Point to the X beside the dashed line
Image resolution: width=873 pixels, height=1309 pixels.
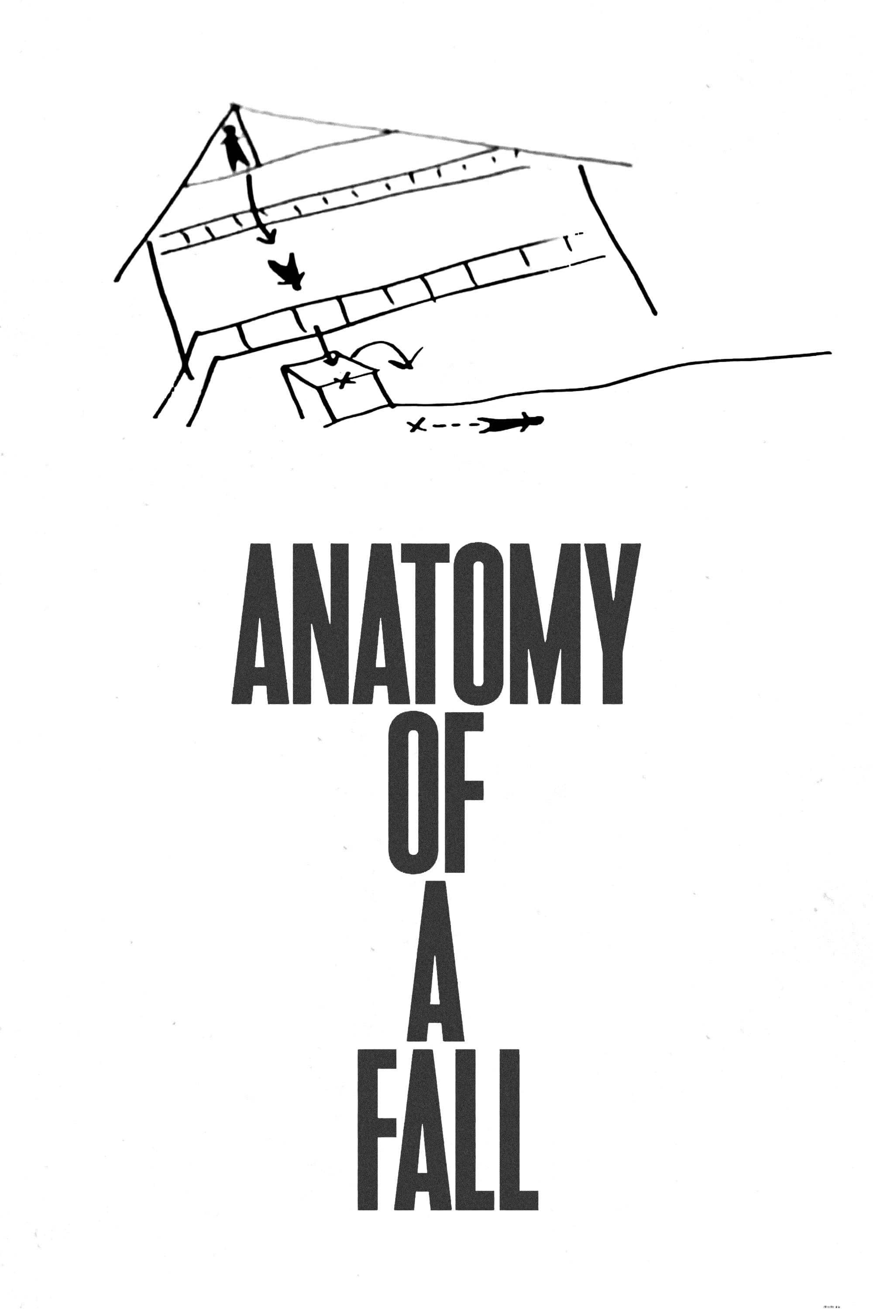click(416, 426)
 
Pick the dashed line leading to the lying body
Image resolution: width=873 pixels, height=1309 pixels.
click(453, 426)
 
